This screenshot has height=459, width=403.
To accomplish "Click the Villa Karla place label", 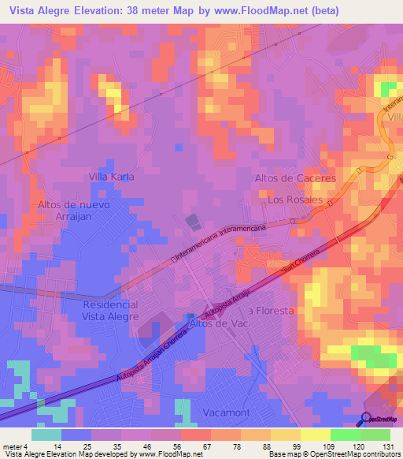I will tap(111, 177).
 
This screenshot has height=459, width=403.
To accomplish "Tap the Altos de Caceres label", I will tap(295, 178).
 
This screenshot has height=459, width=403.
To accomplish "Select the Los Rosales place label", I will tap(295, 200).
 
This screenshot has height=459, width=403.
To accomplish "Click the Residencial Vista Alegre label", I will tap(110, 310).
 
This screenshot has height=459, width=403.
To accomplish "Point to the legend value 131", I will tap(387, 446).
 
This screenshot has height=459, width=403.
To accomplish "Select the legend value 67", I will tap(185, 446).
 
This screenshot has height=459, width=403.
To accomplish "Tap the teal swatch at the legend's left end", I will tap(46, 435).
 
